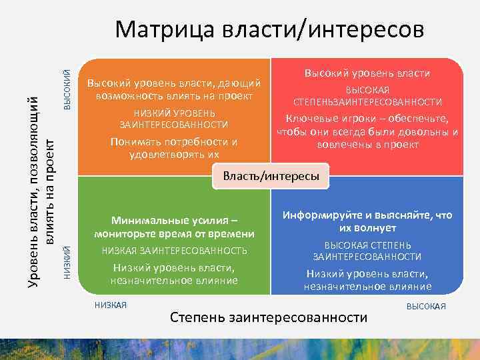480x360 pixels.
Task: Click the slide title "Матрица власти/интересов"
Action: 269,30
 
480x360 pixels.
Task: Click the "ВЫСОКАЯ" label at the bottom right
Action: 426,306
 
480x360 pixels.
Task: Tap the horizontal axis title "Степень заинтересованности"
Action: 269,317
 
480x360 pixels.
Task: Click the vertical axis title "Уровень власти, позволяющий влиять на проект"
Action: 39,193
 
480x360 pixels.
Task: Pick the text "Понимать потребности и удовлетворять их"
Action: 173,148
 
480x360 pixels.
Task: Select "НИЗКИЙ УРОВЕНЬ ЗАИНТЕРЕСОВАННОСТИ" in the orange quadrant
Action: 173,119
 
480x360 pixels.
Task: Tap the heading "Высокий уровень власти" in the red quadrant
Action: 367,73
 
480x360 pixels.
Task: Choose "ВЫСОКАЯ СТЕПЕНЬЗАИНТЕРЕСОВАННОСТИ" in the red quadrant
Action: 367,96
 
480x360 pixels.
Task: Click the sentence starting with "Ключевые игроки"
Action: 367,131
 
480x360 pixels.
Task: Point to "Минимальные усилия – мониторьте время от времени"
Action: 174,227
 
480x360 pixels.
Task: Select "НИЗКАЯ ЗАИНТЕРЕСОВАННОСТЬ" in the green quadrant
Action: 174,251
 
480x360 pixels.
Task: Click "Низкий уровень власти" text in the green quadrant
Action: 174,274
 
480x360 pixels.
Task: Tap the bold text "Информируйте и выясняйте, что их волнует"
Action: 367,221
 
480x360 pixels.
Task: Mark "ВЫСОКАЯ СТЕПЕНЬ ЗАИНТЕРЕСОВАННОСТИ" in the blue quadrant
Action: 367,251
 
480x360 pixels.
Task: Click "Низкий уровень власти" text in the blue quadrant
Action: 367,280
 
